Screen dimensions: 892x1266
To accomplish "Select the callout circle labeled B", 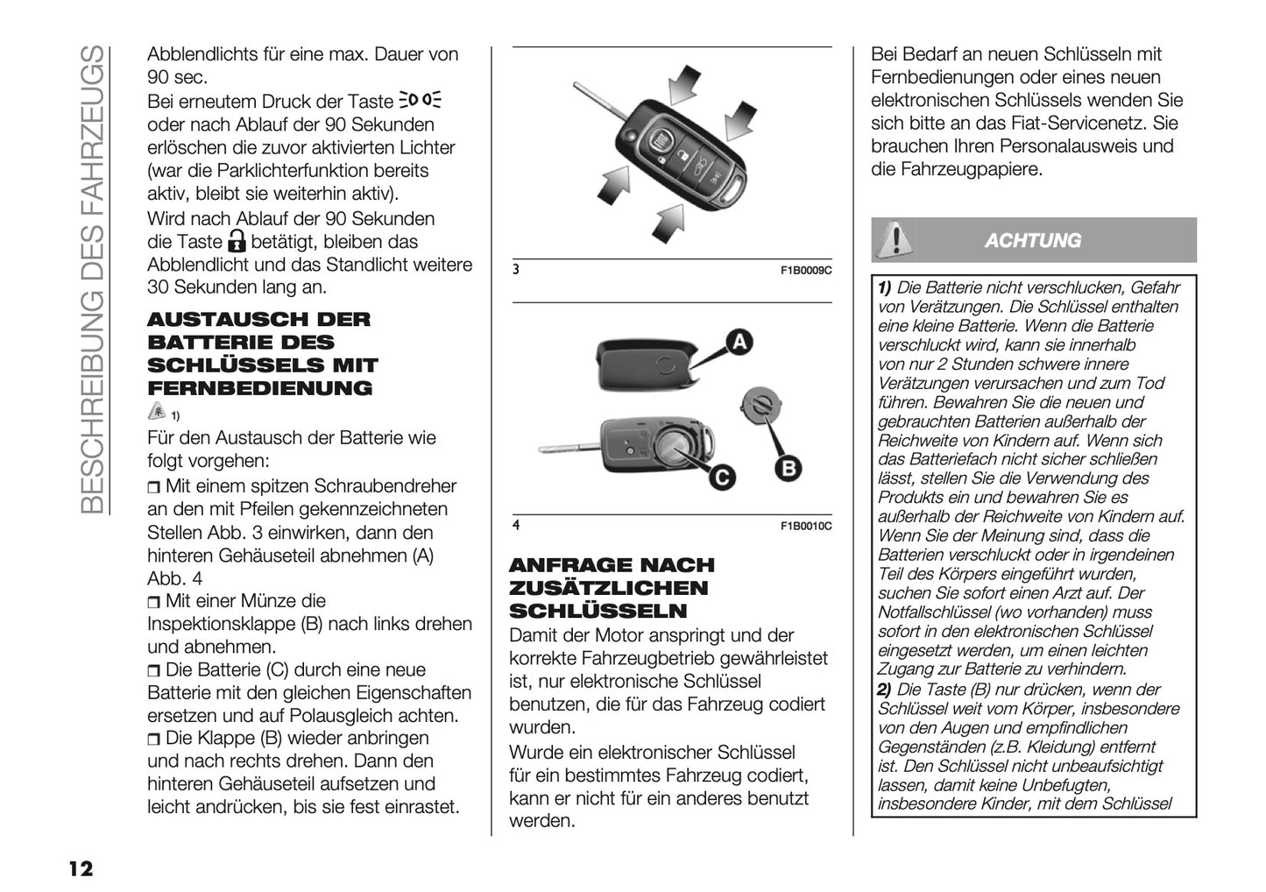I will tap(788, 470).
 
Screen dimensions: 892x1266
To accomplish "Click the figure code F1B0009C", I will tap(805, 271).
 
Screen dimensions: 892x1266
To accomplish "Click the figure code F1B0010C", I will tap(805, 526).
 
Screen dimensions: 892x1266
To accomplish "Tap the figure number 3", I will tap(517, 270).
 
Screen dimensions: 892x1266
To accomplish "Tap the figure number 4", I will tap(517, 525).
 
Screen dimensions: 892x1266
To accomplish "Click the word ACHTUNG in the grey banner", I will tap(1032, 241).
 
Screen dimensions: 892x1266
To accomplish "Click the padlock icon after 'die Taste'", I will tap(237, 242).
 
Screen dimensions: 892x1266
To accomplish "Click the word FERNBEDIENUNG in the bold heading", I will tap(260, 388).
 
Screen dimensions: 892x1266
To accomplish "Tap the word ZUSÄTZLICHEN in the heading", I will tap(608, 588).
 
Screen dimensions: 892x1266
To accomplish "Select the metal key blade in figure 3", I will tap(598, 101).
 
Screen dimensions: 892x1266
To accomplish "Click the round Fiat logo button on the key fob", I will tap(662, 138).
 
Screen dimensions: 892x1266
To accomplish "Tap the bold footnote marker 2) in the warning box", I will tap(885, 689).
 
